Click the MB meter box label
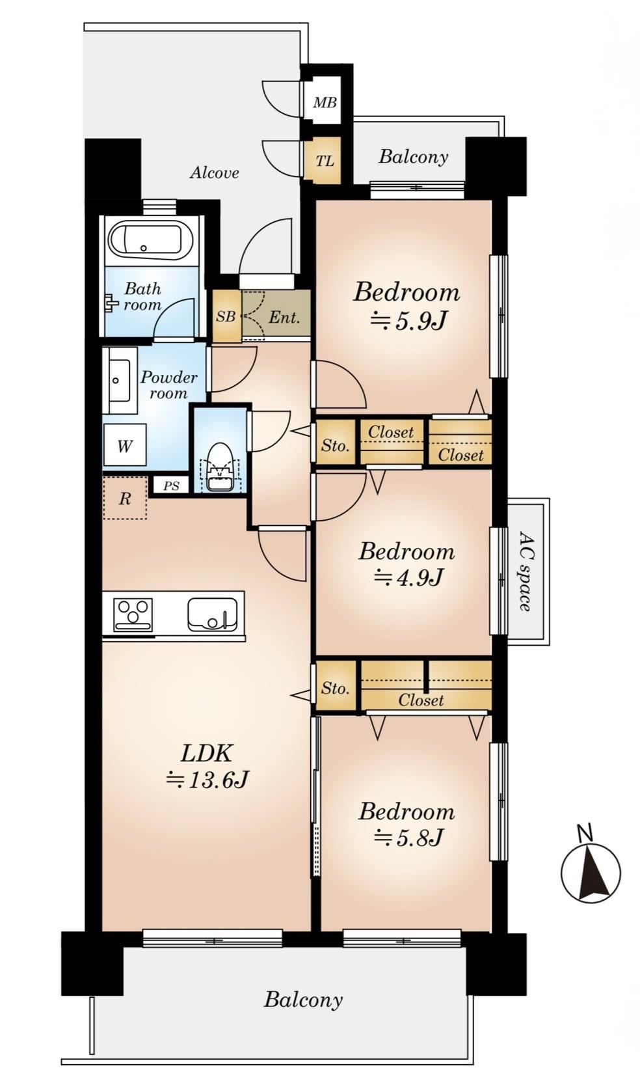tap(325, 102)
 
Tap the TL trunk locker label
tap(325, 161)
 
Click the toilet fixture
tap(220, 467)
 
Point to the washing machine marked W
tap(125, 445)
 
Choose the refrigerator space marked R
tap(125, 498)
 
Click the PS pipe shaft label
tap(171, 486)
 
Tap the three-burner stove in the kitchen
tap(133, 614)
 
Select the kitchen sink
tap(213, 614)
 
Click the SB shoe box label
tap(226, 317)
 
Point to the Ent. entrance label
tap(284, 318)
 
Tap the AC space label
tap(526, 571)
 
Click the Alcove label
tap(214, 172)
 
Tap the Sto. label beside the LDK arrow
tap(335, 687)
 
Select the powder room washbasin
tap(119, 380)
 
